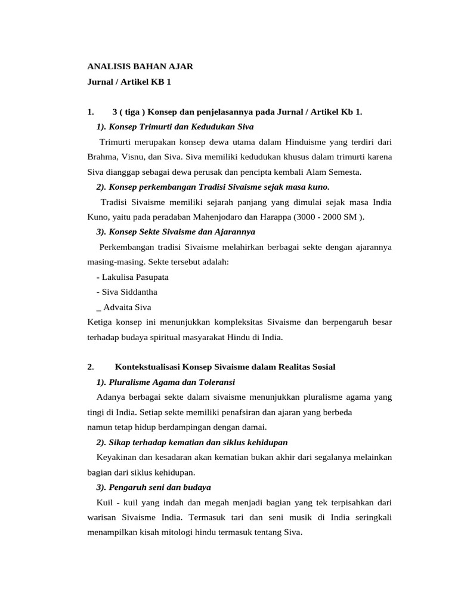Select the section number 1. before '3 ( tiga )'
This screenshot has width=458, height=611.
[x=91, y=112]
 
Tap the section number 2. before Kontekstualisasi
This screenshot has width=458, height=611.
[x=91, y=366]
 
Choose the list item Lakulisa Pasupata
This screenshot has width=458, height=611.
[x=135, y=277]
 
